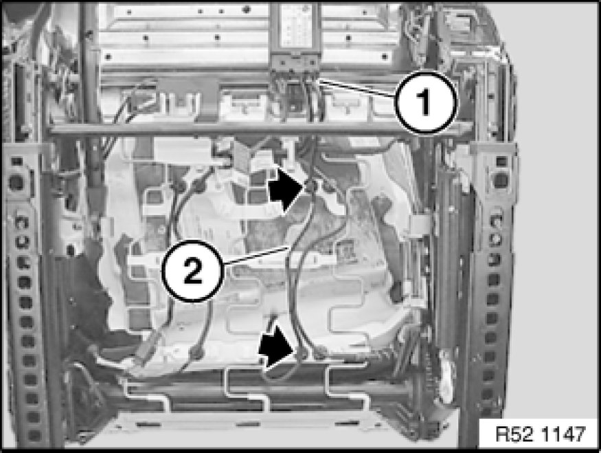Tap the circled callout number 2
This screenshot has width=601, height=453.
(x=192, y=270)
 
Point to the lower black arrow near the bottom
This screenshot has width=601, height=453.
(x=277, y=347)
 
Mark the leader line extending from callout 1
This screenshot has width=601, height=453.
(x=357, y=88)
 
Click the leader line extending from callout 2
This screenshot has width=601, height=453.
(x=255, y=256)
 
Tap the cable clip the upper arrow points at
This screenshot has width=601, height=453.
(x=311, y=187)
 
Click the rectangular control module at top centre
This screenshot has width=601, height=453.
(x=295, y=29)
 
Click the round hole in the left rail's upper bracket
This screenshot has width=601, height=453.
(x=17, y=181)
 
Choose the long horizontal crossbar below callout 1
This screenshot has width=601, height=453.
(x=260, y=129)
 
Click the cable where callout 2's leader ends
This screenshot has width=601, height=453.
(x=290, y=247)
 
